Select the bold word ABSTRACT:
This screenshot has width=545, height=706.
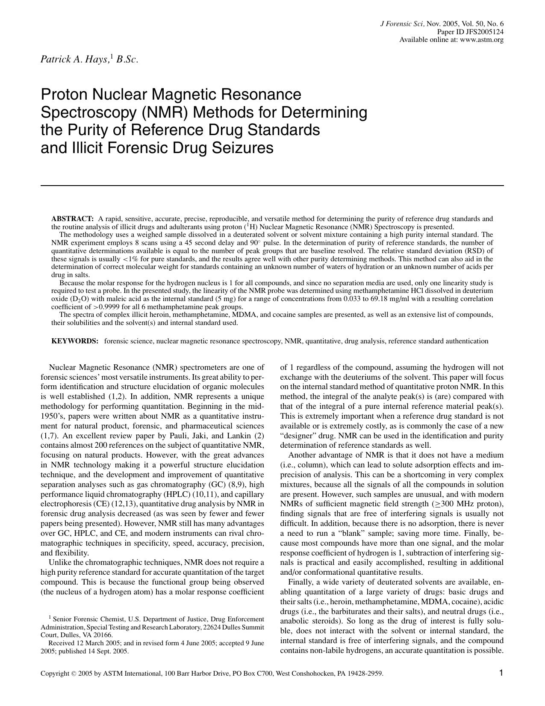[x=72, y=219]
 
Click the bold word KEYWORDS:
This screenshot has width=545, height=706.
[x=75, y=341]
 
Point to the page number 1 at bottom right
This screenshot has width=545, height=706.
[x=501, y=673]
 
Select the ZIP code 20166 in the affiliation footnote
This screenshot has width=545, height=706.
[x=104, y=635]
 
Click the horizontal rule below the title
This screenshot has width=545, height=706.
[x=272, y=186]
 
